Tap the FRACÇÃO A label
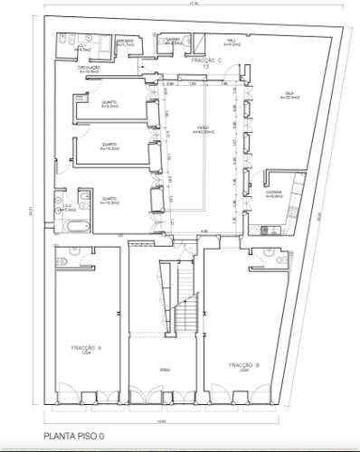[88, 347]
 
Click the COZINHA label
[276, 193]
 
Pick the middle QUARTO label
[107, 146]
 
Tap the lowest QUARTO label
[107, 200]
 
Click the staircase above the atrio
[185, 297]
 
